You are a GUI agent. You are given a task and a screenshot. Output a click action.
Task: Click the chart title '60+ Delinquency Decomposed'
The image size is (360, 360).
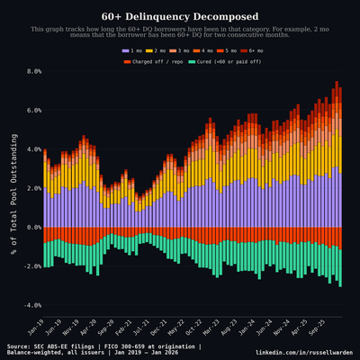[180, 16]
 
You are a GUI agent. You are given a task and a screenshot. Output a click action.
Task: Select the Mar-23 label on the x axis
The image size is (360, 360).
[209, 326]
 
